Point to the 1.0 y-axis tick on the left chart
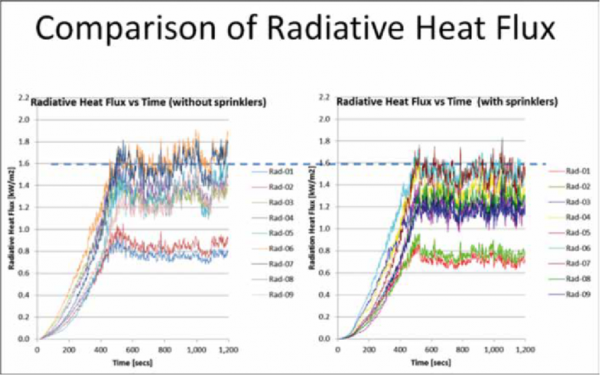[x=22, y=230]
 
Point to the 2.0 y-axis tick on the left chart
[x=22, y=120]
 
